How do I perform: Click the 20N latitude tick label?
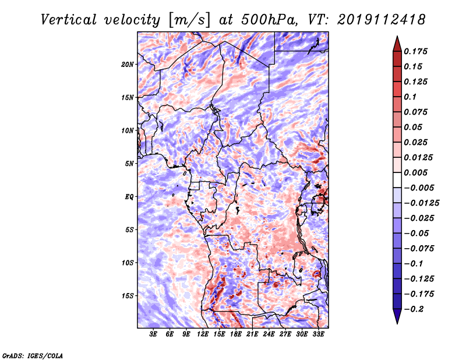[128, 65]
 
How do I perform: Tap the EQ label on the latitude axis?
[129, 197]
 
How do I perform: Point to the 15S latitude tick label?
[128, 296]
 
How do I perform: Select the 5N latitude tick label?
[129, 164]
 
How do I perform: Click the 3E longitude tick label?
[153, 334]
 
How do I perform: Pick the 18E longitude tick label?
[236, 334]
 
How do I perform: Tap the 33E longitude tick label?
[318, 334]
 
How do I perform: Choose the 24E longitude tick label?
[269, 334]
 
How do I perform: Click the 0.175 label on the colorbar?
[415, 51]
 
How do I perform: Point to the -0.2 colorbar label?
[414, 309]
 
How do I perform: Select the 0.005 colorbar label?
[415, 172]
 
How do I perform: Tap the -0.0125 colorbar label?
[421, 203]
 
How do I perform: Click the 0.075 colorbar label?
[415, 112]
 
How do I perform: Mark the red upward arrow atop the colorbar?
[397, 44]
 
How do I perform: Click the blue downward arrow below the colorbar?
[397, 316]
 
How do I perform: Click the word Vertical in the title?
[69, 20]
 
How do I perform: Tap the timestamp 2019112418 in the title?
[382, 20]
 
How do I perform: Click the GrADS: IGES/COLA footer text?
[33, 356]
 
